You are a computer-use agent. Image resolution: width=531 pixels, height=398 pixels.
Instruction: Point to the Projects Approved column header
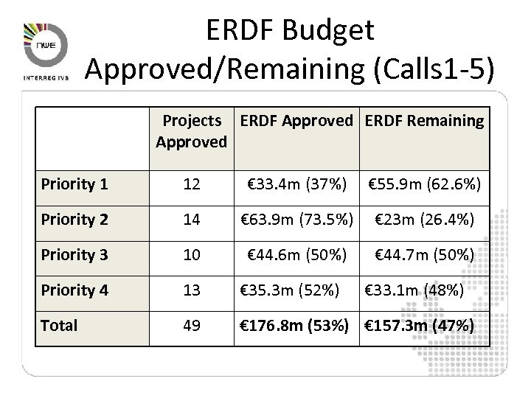point(192,130)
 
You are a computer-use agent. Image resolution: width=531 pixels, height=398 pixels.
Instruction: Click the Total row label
point(60,325)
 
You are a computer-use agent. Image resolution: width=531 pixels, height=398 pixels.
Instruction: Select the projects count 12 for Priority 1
point(191,185)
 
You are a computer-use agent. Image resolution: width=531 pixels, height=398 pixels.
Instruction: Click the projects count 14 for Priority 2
point(191,220)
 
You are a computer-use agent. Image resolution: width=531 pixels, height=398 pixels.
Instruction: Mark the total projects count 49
point(191,325)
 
